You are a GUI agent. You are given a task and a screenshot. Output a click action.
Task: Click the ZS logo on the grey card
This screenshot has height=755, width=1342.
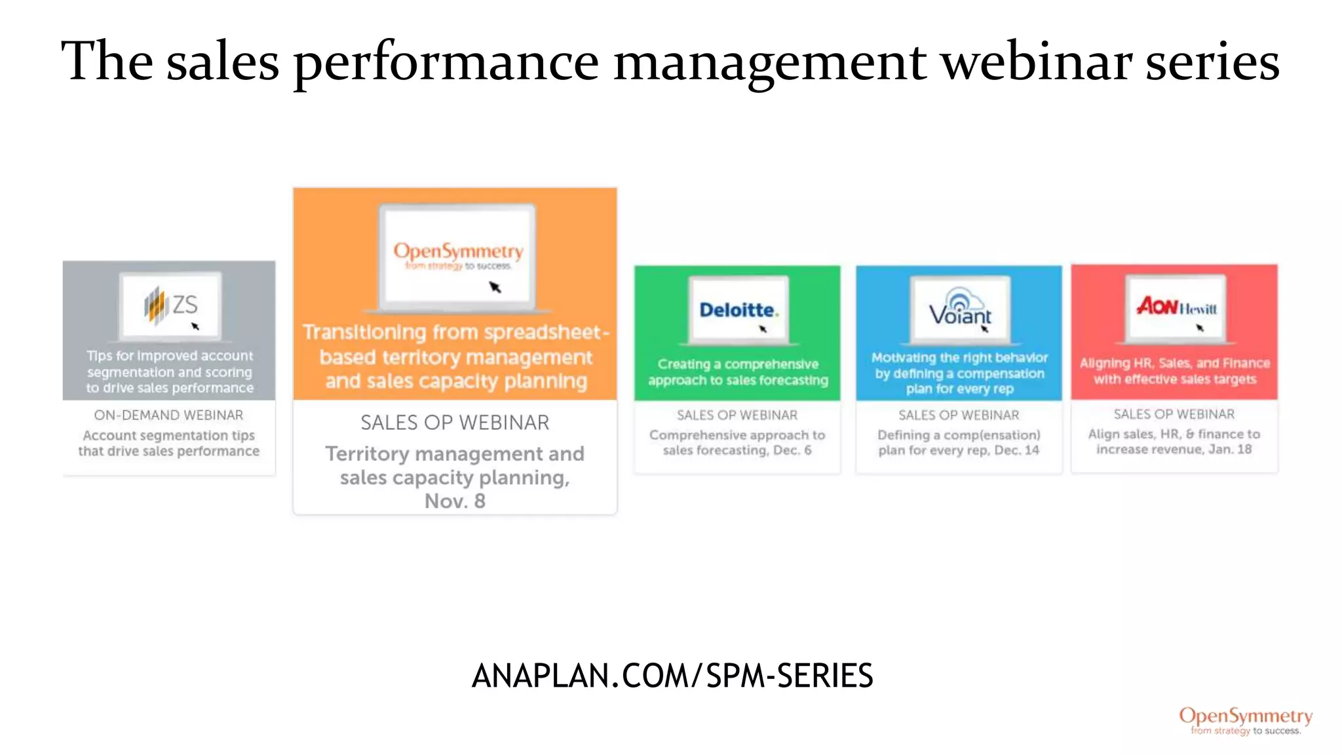click(171, 305)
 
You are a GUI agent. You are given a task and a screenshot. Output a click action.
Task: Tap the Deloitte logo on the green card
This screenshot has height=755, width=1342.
click(738, 310)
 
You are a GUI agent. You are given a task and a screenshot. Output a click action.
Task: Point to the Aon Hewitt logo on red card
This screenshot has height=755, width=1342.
click(1176, 307)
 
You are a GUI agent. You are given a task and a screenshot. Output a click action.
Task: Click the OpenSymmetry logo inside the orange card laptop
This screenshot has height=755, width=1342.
click(458, 255)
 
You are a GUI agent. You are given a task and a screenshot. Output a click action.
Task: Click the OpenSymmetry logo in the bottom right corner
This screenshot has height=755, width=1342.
click(1246, 720)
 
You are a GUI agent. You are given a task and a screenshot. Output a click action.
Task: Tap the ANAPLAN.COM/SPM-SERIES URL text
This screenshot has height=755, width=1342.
click(672, 676)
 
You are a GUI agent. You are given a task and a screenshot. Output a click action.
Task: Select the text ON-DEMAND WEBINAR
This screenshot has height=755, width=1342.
click(168, 415)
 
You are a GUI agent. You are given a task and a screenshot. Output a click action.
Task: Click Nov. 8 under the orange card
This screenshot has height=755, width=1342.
click(455, 501)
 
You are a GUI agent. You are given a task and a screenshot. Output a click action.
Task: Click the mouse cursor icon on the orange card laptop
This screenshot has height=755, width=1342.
click(495, 286)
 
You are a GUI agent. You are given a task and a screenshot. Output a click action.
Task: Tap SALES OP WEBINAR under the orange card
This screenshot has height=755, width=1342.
click(455, 423)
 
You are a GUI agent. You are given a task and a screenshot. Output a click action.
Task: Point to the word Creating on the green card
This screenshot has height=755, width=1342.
click(683, 364)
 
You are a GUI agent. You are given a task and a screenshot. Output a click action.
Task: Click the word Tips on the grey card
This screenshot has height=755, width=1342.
click(99, 356)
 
